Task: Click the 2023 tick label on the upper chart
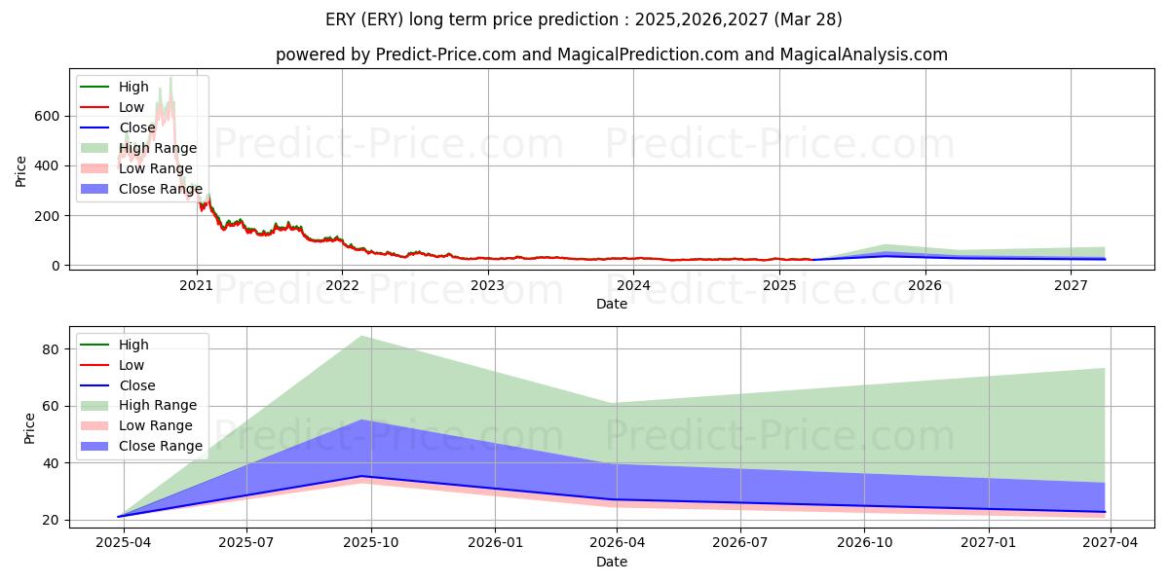487,285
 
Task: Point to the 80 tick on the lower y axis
53,348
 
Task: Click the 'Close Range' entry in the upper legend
159,189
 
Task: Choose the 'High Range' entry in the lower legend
159,405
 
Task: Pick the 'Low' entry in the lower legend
131,365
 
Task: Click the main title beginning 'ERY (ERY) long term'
584,19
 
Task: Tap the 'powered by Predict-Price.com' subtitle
611,55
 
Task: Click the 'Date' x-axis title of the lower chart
611,562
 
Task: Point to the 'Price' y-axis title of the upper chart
21,171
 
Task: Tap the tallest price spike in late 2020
170,78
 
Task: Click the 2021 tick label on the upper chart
197,285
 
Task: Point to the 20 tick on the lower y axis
53,520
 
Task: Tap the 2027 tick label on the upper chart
1071,285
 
